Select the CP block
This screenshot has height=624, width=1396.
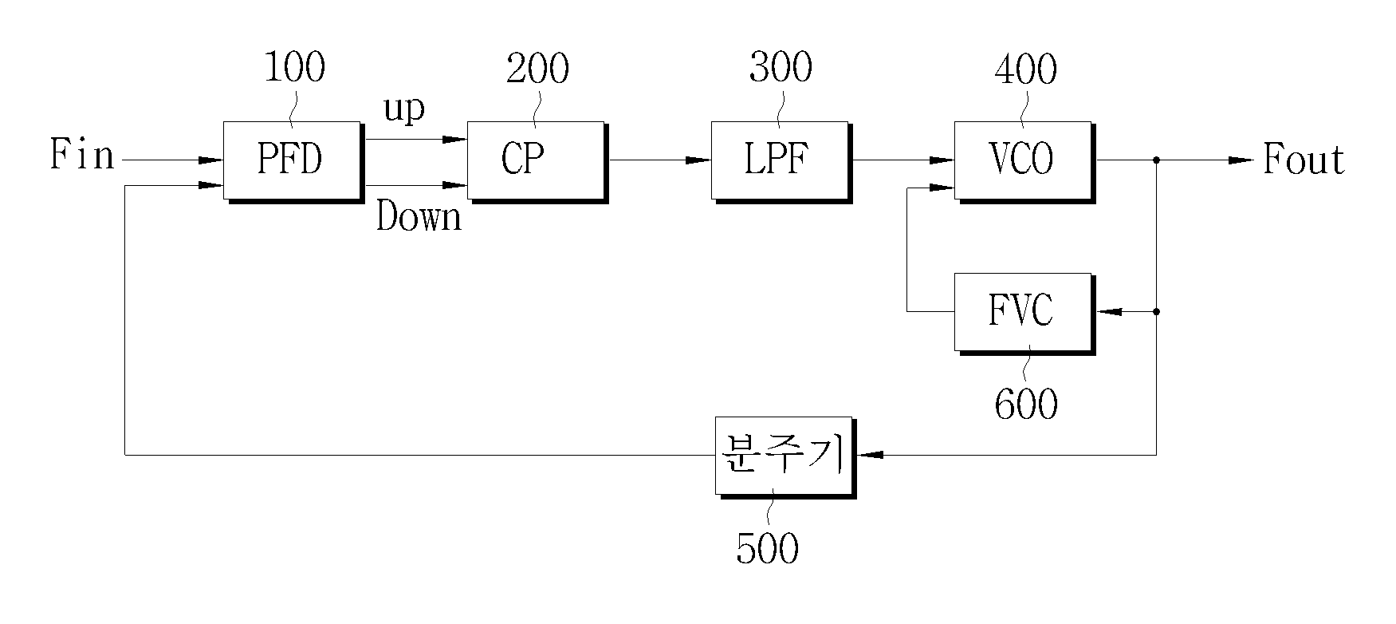point(537,162)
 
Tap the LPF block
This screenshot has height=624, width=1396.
point(781,162)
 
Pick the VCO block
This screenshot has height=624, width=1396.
point(1025,162)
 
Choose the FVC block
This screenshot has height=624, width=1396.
point(1025,314)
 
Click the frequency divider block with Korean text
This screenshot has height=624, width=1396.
point(785,457)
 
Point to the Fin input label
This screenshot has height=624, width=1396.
point(82,155)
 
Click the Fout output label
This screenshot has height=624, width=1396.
point(1304,160)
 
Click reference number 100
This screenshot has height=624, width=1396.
point(294,68)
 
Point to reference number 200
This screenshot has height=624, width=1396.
point(537,68)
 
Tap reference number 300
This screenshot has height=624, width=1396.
point(781,68)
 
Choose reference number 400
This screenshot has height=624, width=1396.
point(1025,69)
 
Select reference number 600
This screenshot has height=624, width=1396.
point(1026,405)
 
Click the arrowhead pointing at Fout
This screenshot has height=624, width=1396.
point(1241,160)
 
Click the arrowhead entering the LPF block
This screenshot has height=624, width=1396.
point(698,160)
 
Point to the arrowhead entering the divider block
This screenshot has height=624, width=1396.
point(871,455)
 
